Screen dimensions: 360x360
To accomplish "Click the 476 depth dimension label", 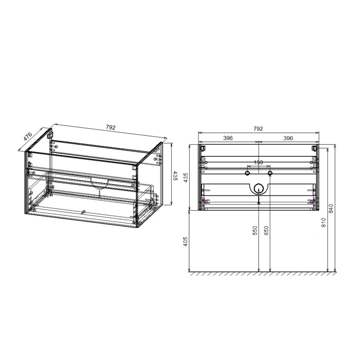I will click(x=28, y=137).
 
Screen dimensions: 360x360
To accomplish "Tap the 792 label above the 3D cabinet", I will click(x=111, y=127).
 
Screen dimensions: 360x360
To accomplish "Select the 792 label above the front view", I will click(x=258, y=129).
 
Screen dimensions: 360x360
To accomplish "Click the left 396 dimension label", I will click(x=228, y=138).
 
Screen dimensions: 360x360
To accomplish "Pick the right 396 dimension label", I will click(x=288, y=138).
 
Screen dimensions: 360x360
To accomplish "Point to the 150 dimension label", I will click(x=258, y=162).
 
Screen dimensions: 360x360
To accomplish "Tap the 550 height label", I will click(x=255, y=231).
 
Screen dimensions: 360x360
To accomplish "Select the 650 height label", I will click(x=266, y=231).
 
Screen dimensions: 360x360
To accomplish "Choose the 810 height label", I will click(x=324, y=223).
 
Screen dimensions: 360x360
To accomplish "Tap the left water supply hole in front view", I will click(x=247, y=174).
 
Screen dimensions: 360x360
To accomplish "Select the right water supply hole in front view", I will click(x=270, y=174).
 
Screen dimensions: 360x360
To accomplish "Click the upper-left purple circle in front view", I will click(x=206, y=163).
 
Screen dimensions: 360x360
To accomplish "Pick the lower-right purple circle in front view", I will click(x=311, y=202).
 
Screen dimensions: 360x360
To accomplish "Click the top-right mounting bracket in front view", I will click(x=314, y=148).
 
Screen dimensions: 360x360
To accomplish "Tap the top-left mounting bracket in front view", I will click(x=203, y=148).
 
